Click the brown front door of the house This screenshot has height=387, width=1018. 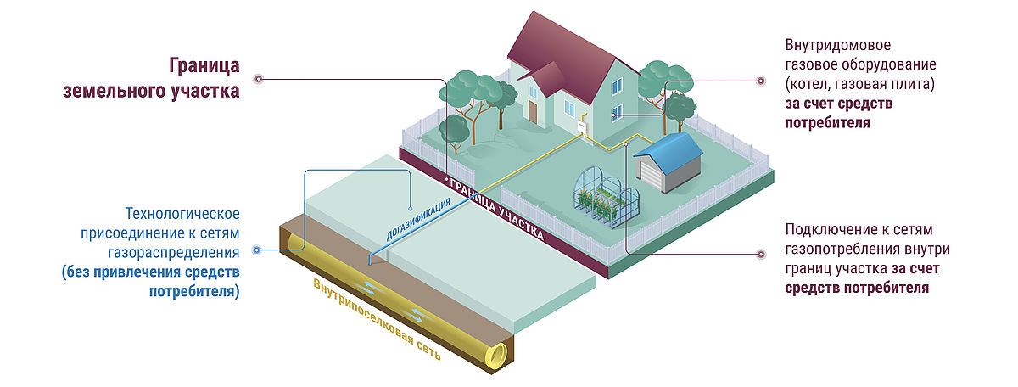[532, 111]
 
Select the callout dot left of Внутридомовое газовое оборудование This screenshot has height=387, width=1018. [760, 81]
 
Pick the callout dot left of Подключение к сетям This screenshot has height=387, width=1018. [760, 253]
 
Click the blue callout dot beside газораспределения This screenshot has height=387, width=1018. [260, 250]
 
